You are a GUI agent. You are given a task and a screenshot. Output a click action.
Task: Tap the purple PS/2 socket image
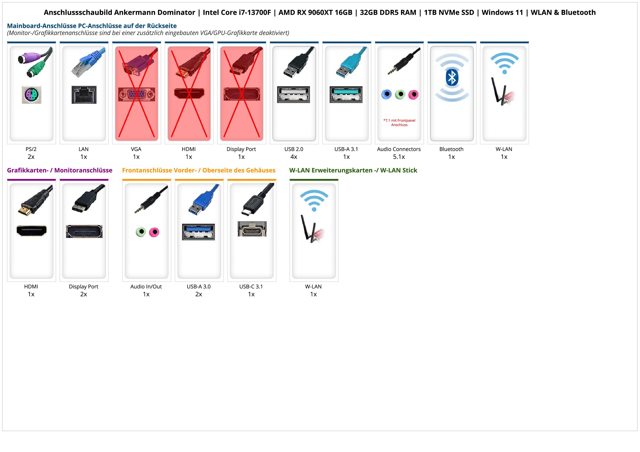[x=32, y=95]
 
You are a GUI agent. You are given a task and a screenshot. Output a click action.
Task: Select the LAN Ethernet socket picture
[x=84, y=95]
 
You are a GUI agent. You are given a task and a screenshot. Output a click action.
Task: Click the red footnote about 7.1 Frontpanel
[x=399, y=123]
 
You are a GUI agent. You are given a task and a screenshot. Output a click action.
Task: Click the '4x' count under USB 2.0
[x=294, y=157]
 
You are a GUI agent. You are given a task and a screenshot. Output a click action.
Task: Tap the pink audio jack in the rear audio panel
[x=413, y=95]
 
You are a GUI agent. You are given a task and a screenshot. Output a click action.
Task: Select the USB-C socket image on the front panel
[x=252, y=229]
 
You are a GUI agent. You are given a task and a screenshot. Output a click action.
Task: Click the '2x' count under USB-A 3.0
[x=199, y=294]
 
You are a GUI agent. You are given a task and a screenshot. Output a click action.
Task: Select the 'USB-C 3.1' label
[x=251, y=287]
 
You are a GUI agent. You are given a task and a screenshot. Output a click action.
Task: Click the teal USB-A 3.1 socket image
[x=346, y=94]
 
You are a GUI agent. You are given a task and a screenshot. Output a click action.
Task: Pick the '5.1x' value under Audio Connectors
[x=399, y=157]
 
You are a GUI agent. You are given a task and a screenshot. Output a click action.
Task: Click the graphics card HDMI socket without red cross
[x=32, y=231]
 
